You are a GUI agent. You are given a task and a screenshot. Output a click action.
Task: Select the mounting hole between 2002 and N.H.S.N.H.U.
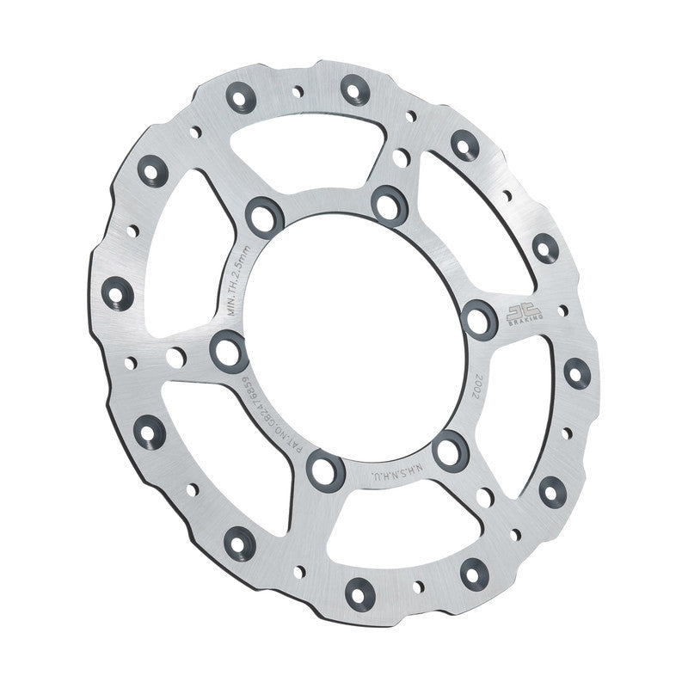pyautogui.click(x=451, y=450)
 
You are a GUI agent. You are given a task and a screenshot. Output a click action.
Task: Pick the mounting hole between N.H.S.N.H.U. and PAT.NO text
pyautogui.click(x=326, y=470)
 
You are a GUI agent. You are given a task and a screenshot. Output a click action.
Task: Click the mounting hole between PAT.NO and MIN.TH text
pyautogui.click(x=229, y=350)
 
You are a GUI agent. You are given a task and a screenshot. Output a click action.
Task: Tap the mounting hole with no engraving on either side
pyautogui.click(x=390, y=204)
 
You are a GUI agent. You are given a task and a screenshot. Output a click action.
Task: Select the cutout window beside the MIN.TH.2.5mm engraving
pyautogui.click(x=185, y=249)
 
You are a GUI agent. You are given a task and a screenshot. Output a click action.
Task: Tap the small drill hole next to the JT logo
pyautogui.click(x=562, y=310)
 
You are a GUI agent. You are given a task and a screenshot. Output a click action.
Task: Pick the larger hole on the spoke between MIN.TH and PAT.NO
pyautogui.click(x=175, y=358)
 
